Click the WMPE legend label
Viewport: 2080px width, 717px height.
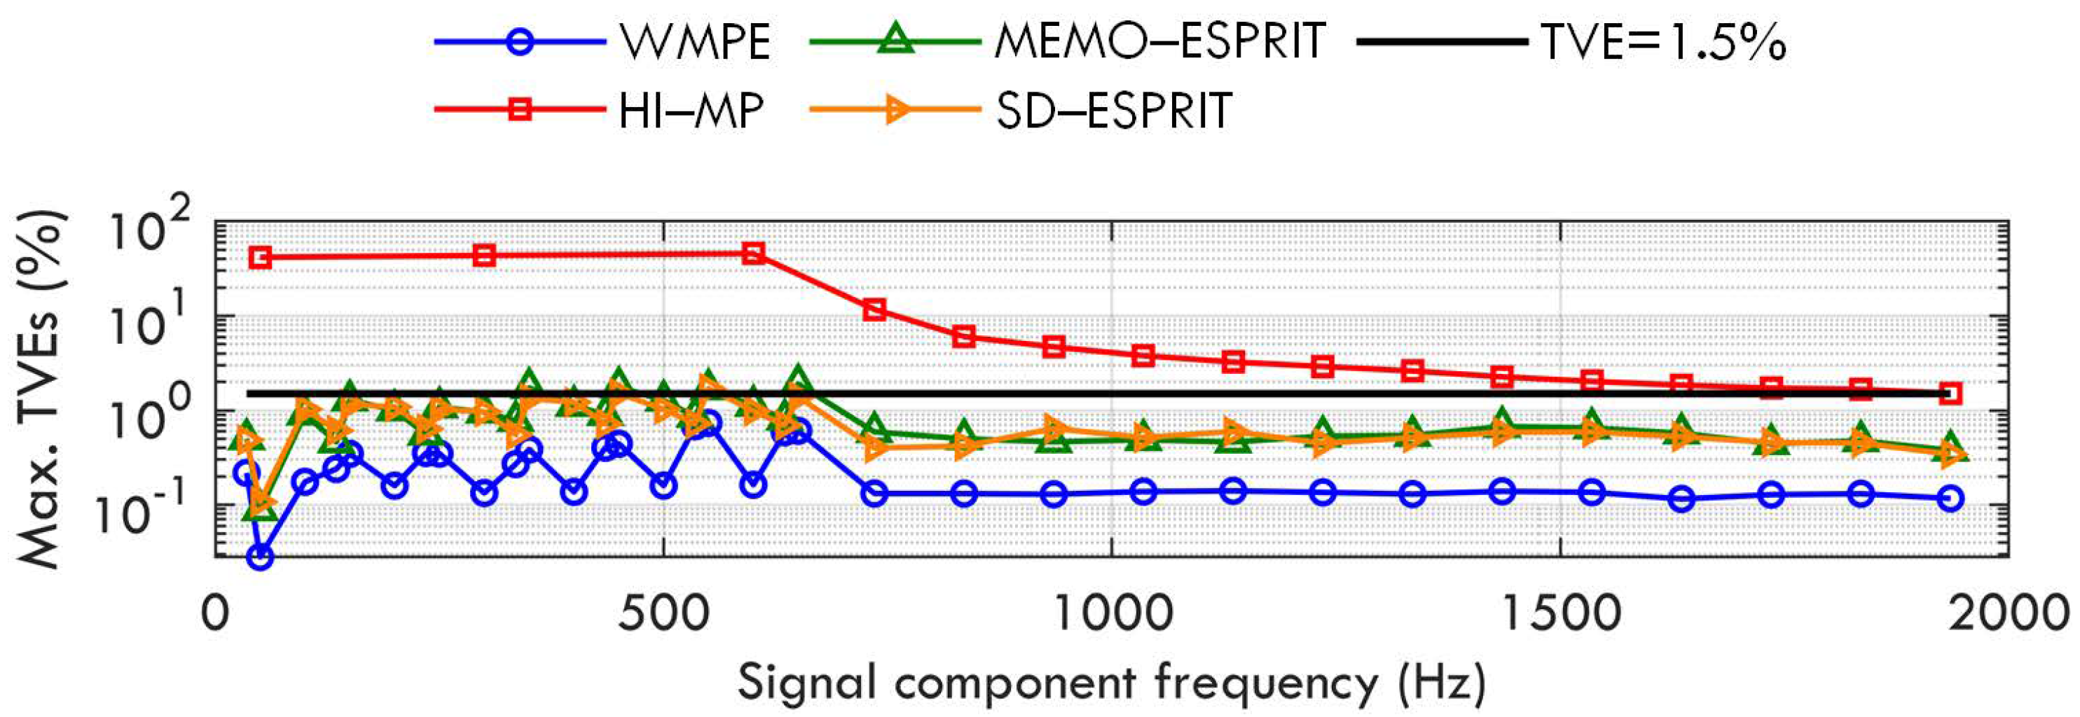tap(695, 42)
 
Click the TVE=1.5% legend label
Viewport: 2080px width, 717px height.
tap(1664, 42)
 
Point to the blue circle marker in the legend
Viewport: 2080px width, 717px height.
tap(521, 42)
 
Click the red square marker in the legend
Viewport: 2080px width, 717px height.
tap(521, 110)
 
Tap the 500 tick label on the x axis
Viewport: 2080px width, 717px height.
tap(663, 613)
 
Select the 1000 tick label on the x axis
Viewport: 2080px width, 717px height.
tap(1113, 613)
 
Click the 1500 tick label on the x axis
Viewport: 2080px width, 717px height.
tap(1560, 613)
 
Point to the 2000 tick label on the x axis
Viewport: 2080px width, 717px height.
tap(2009, 613)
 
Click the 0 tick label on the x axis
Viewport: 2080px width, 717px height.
tap(215, 613)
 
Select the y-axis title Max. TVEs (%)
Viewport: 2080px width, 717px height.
tap(41, 389)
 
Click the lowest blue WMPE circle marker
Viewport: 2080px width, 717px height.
tap(260, 557)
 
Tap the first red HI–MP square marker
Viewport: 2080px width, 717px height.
tap(260, 258)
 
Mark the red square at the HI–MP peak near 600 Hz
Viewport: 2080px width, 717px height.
tap(753, 253)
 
